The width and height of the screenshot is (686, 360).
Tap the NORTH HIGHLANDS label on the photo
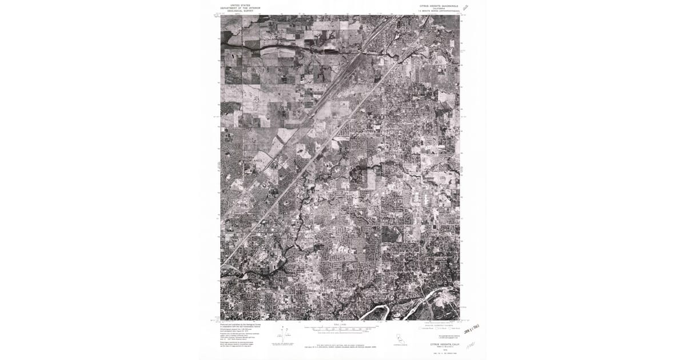click(x=253, y=159)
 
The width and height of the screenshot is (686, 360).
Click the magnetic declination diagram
click(x=286, y=336)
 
